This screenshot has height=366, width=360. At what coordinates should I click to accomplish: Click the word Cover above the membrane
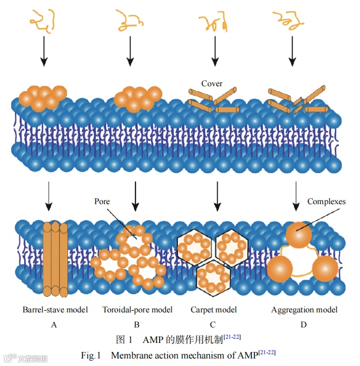click(x=212, y=84)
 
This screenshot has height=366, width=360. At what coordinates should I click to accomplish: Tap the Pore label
click(x=102, y=201)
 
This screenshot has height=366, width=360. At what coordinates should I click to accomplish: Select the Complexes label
click(x=326, y=201)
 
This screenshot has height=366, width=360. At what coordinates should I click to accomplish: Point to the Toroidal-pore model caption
click(x=137, y=310)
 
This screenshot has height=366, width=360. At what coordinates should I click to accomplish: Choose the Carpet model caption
click(x=214, y=310)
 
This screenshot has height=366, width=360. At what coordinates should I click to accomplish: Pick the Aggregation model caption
click(x=304, y=310)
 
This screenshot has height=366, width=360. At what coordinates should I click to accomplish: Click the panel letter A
click(x=54, y=324)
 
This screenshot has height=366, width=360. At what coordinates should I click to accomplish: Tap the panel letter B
click(x=137, y=324)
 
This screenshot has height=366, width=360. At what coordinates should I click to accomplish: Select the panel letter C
click(x=213, y=324)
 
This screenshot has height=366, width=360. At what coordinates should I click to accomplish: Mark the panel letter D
click(x=304, y=324)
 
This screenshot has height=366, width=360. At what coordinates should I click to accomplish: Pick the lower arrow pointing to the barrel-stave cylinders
click(x=49, y=196)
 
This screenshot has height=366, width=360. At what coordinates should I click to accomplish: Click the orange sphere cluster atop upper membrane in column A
click(x=42, y=98)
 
